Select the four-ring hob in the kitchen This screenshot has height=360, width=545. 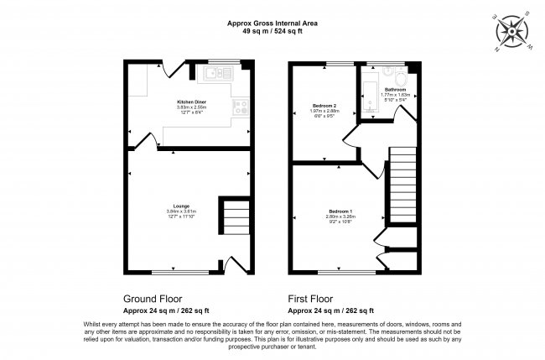(x=241, y=107)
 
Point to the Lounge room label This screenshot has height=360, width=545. (x=180, y=206)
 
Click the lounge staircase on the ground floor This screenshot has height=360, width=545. (x=234, y=217)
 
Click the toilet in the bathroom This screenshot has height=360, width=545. (x=402, y=81)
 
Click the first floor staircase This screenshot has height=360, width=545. (x=403, y=180)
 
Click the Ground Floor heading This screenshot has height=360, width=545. (x=153, y=298)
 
